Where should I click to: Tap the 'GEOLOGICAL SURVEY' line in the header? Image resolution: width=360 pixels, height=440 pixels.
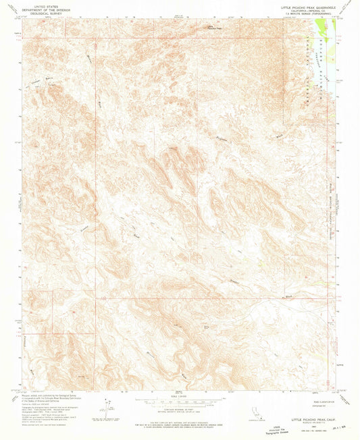pyautogui.click(x=40, y=13)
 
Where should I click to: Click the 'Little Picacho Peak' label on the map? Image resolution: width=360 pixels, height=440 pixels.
pyautogui.click(x=213, y=28)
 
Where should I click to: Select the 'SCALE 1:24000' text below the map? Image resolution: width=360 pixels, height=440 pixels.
pyautogui.click(x=180, y=396)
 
